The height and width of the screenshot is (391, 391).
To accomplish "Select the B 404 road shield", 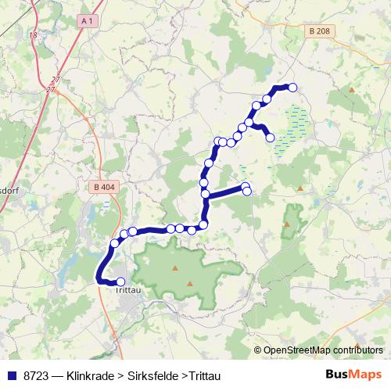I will pyautogui.click(x=102, y=187).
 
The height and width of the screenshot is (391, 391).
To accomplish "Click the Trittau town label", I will pyautogui.click(x=127, y=291).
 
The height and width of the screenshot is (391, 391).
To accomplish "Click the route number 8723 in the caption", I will pyautogui.click(x=34, y=374).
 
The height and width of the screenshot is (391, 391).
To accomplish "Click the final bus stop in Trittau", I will pyautogui.click(x=120, y=282).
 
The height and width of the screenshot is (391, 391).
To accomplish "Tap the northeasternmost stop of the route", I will pyautogui.click(x=293, y=88).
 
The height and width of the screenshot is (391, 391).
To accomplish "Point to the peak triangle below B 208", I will pyautogui.click(x=352, y=91).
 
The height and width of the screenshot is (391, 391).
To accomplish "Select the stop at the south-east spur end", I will pyautogui.click(x=271, y=138).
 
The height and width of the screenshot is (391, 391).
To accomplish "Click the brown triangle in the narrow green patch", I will pyautogui.click(x=287, y=224).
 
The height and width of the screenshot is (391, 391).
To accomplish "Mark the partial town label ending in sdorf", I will pyautogui.click(x=9, y=190).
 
